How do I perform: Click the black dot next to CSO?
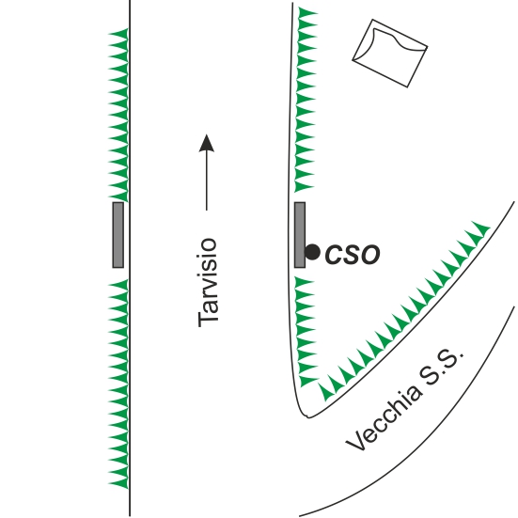coord(312,252)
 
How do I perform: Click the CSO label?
coord(353,254)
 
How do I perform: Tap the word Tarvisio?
coord(208,282)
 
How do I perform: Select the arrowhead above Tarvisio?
coord(207,143)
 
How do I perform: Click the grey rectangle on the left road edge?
coord(118,235)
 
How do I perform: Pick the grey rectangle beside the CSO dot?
coord(300,235)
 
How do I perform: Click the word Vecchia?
coord(384,418)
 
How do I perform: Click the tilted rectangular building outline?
coord(390,54)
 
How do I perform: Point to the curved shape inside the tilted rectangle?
coord(397,37)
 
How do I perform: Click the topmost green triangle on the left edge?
coord(118,33)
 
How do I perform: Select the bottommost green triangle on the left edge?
coord(118,484)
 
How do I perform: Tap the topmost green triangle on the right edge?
coord(308,13)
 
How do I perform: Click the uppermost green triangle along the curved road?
coord(480,228)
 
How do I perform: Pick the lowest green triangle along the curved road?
coord(326,392)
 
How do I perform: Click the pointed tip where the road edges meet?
coord(308,416)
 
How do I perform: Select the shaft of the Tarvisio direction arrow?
coord(207,181)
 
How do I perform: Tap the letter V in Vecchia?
coord(355,442)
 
